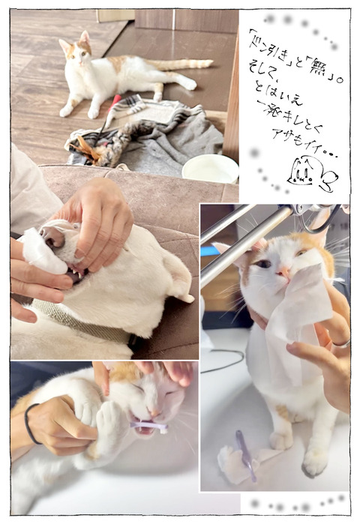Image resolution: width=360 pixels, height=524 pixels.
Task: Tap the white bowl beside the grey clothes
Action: tap(209, 168)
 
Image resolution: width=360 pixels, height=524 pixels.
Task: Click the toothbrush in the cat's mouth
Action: tap(146, 427)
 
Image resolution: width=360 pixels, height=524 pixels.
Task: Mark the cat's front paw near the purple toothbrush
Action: tap(229, 463)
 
